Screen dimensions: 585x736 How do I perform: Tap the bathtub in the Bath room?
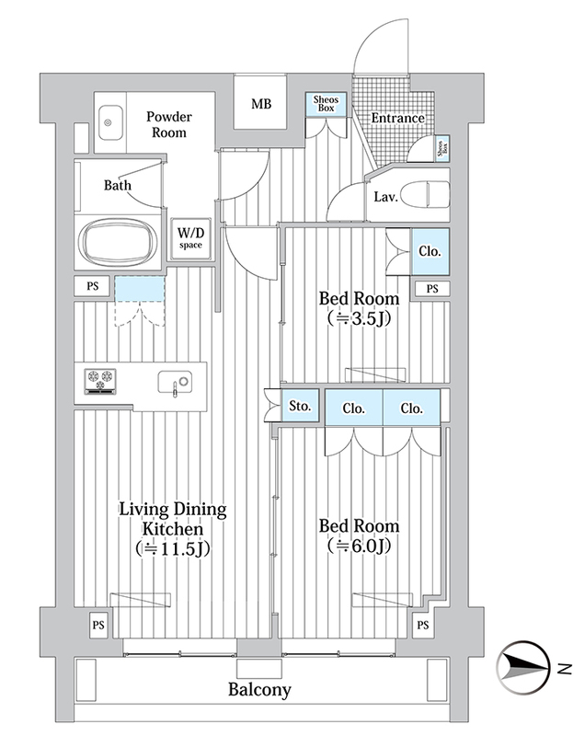tap(119, 242)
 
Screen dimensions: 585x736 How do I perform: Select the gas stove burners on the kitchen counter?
tap(100, 381)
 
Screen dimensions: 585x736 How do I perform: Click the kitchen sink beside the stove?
tap(175, 382)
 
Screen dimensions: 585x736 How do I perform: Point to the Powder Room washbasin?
tap(110, 122)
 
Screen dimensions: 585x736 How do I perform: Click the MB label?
tap(261, 103)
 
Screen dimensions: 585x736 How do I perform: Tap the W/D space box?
tap(190, 239)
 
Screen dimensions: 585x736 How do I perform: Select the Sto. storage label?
tap(300, 405)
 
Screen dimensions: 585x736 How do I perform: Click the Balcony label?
tap(259, 689)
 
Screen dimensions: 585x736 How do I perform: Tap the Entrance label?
tap(398, 118)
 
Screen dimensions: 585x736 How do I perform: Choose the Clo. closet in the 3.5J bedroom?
tap(430, 251)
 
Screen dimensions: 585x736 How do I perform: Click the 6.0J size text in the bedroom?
tap(360, 546)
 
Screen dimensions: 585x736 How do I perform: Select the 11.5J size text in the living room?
tap(173, 548)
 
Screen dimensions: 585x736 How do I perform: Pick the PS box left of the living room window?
tap(98, 625)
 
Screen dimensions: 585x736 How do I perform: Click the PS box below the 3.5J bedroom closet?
tap(432, 289)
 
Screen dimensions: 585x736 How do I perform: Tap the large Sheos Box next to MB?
tap(326, 104)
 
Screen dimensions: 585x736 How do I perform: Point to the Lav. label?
tap(385, 197)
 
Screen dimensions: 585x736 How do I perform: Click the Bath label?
tap(118, 185)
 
